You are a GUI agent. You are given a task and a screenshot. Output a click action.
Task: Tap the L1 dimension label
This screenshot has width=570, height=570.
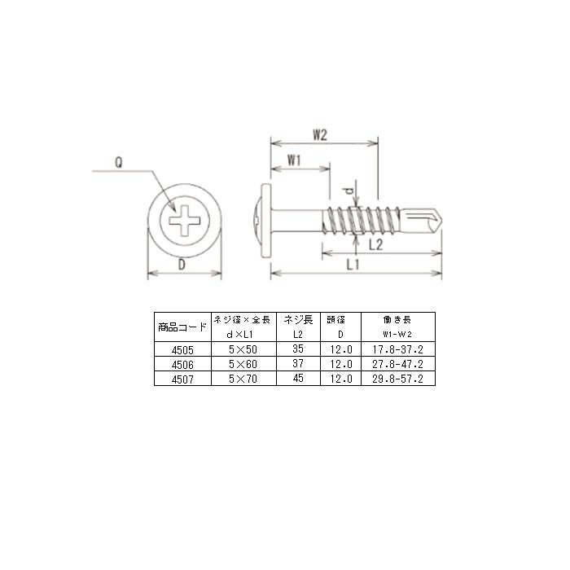[x=353, y=265]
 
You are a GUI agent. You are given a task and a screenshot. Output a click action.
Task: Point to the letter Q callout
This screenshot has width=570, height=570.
[x=118, y=162]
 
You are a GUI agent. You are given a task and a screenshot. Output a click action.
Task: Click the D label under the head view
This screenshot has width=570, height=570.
[x=182, y=265]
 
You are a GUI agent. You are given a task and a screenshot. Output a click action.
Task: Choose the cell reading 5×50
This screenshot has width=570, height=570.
[x=243, y=348]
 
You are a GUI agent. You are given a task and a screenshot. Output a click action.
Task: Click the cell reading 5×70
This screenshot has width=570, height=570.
[x=243, y=379]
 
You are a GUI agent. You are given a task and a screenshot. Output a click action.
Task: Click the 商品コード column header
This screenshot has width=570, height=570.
[x=182, y=327]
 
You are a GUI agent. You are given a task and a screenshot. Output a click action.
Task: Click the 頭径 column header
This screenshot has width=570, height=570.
[x=335, y=320]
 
